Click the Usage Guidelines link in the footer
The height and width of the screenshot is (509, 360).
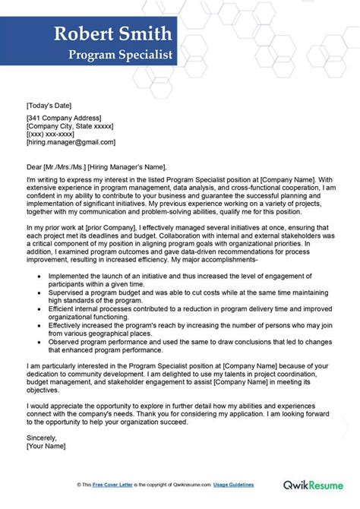(231, 484)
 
